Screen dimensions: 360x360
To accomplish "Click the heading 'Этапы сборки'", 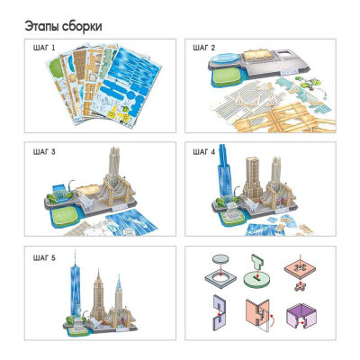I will coord(63,26).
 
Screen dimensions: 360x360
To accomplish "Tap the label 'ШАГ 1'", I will coord(41,47).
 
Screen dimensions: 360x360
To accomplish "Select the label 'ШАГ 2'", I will coord(207,47).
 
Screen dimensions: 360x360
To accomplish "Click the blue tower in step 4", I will coord(225,184).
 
